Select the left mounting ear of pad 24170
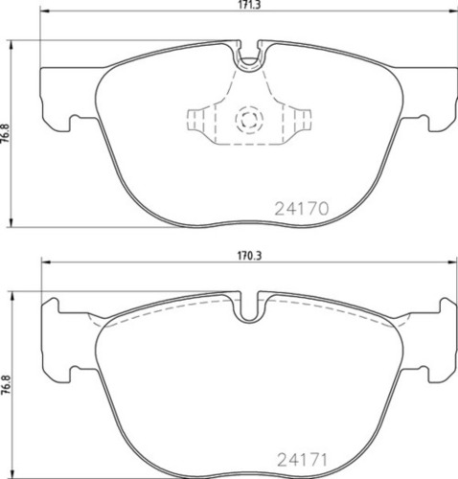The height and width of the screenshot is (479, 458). tap(59, 93)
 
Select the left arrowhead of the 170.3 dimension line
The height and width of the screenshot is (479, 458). tap(43, 265)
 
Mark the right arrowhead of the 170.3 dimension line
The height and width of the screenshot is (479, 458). tap(451, 265)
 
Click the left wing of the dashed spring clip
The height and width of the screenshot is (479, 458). tap(199, 121)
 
